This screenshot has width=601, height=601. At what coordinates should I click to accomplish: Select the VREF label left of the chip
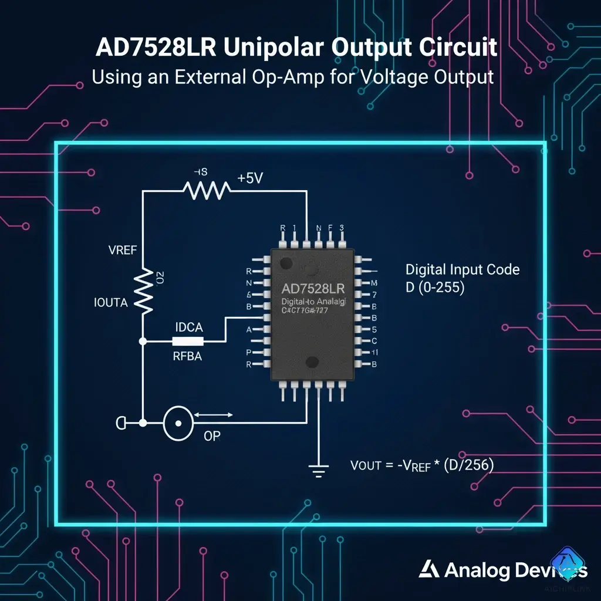[123, 250]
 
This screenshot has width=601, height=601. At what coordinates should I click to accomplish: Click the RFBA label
[187, 356]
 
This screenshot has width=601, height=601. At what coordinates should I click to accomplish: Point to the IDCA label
[189, 327]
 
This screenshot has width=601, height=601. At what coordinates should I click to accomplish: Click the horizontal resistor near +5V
[206, 190]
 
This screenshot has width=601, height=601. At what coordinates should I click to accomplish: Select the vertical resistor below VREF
[143, 291]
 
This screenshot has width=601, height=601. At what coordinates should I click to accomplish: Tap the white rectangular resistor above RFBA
[188, 341]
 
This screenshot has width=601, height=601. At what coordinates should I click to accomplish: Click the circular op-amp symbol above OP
[178, 422]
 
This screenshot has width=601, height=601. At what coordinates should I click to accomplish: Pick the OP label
[212, 437]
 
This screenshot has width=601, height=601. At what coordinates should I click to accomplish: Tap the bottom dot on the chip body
[312, 363]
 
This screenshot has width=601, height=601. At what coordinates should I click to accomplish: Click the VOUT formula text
[421, 465]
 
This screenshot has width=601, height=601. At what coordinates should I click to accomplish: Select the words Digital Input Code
[462, 269]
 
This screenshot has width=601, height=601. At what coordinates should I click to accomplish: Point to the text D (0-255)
[435, 288]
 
